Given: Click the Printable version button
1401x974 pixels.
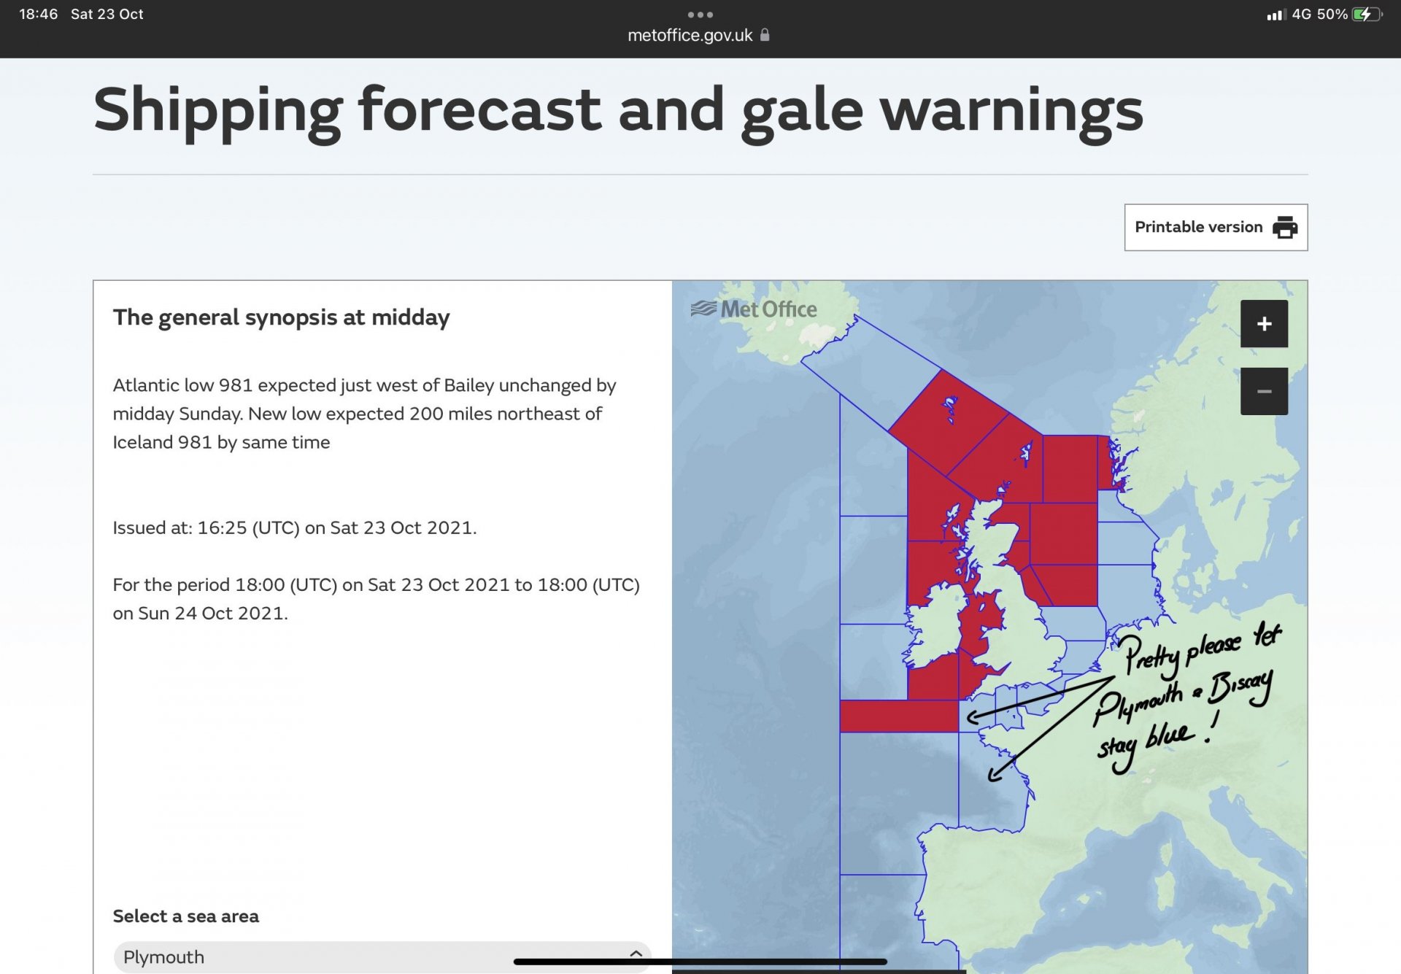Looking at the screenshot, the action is tap(1216, 228).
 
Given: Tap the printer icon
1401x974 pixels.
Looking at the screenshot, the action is tap(1285, 228).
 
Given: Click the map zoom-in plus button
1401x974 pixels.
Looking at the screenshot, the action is tap(1264, 324).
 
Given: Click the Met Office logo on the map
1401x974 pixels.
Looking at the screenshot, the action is tap(754, 309).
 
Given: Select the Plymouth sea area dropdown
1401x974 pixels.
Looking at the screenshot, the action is tap(382, 956).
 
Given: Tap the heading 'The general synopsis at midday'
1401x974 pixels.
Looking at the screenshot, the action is tap(281, 318).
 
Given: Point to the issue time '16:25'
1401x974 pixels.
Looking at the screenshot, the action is tap(222, 527).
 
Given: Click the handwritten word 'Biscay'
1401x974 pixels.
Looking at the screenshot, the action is tap(1240, 687).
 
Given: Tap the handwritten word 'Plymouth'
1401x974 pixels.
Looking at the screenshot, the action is tap(1138, 704).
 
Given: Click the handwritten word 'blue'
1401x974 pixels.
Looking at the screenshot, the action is tap(1170, 735).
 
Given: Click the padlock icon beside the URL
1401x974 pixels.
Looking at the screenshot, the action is tap(765, 35).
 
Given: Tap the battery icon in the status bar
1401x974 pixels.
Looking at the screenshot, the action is tap(1367, 15).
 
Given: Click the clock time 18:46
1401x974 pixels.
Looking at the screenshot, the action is tap(38, 15).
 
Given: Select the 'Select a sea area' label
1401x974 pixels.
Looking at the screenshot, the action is tap(185, 916).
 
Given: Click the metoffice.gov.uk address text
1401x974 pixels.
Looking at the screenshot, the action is tap(690, 36).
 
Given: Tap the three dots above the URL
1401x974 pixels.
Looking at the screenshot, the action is tap(700, 15).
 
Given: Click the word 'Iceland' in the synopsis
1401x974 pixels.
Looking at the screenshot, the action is tap(144, 442).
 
